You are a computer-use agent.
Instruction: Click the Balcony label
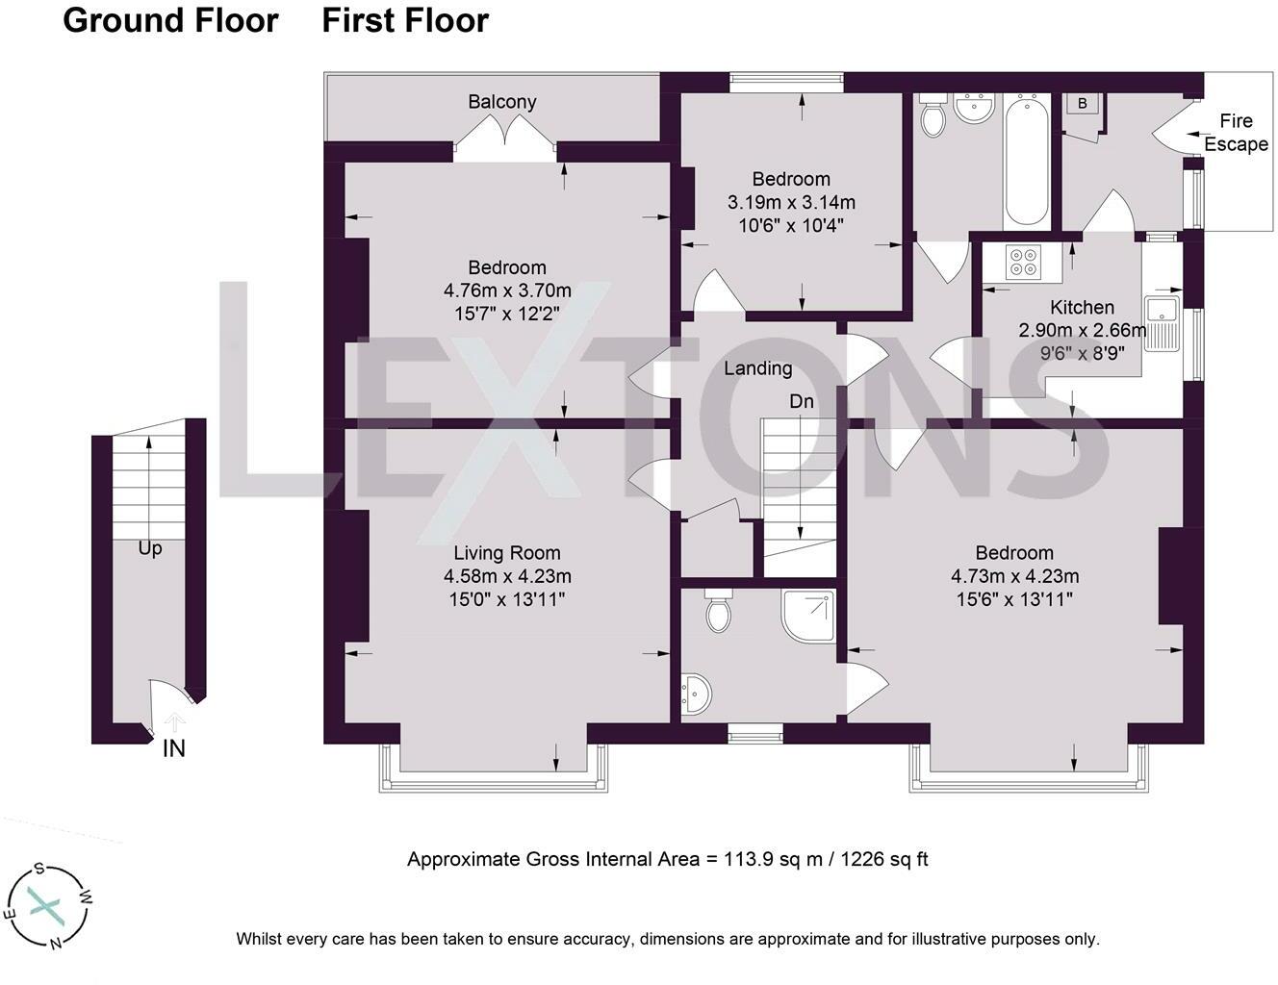[x=501, y=102]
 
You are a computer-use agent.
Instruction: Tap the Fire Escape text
[x=1236, y=133]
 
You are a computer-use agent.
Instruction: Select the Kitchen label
[x=1082, y=308]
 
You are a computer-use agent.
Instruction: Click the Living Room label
[x=506, y=553]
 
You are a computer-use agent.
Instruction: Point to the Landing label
[x=757, y=368]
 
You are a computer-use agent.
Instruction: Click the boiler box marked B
[x=1083, y=104]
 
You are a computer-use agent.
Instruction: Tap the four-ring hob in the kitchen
[x=1022, y=262]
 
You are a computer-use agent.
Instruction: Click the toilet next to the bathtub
[x=932, y=116]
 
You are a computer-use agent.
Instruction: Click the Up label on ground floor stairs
[x=149, y=548]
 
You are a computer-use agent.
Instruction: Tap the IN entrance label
[x=173, y=748]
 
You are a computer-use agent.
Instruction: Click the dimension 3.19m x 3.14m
[x=791, y=203]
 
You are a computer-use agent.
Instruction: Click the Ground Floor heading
[x=170, y=20]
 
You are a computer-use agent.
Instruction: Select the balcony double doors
[x=506, y=138]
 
